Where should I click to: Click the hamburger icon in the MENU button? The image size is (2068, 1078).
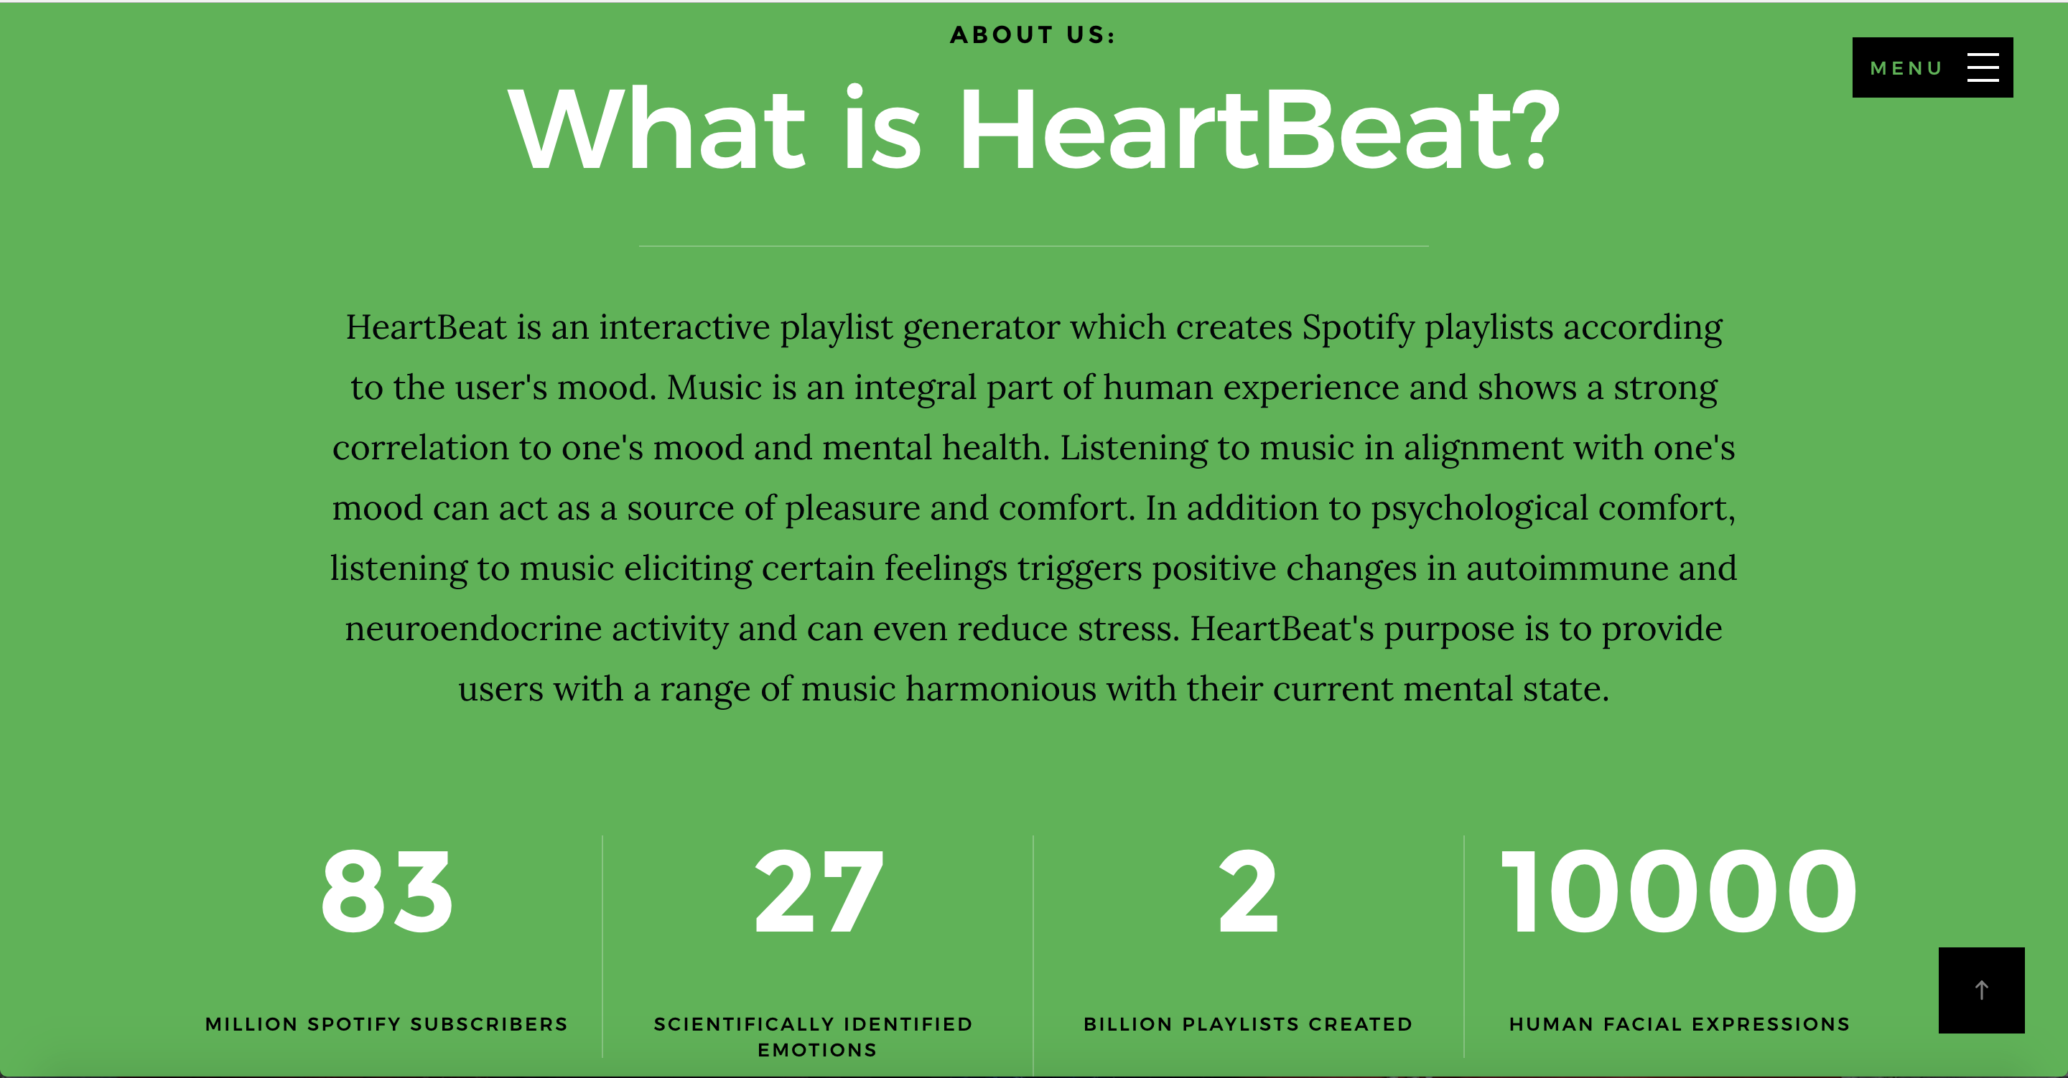1982,67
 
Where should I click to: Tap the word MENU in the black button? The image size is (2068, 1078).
1906,68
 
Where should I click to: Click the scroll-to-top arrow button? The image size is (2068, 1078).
1981,990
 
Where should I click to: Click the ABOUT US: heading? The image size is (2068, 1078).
1033,34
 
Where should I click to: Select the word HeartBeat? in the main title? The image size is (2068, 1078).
1259,129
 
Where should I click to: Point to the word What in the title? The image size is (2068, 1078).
657,129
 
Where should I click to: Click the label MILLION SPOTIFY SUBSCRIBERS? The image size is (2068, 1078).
386,1024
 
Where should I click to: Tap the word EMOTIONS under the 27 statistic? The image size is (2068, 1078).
817,1050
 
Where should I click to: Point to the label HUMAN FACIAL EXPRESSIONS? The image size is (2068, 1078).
1680,1024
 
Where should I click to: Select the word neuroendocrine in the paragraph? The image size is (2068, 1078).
474,629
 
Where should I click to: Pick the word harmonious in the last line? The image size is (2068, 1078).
1001,689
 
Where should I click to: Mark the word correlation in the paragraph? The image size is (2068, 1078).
421,448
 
